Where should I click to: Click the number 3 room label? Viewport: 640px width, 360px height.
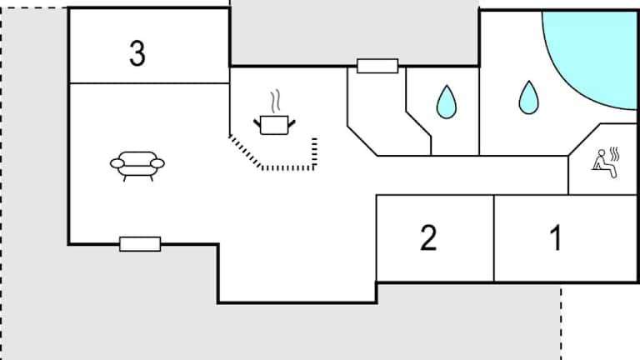point(137,53)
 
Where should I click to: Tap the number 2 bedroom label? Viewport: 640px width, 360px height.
point(427,238)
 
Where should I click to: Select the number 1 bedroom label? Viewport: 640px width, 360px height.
point(555,238)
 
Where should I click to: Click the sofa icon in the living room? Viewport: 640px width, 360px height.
point(137,164)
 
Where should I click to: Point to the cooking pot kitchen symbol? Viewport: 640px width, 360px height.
point(274,125)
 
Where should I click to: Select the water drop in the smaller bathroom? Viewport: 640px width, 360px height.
point(447,102)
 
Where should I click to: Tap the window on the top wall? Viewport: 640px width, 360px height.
point(377,66)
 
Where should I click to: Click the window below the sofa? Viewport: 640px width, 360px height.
point(139,243)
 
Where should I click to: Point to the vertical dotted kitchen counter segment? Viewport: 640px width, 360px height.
point(315,152)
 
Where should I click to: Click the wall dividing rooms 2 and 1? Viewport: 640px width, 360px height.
point(494,238)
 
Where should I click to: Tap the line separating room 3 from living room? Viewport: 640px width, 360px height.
point(148,83)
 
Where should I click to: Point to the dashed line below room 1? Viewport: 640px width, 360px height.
point(560,320)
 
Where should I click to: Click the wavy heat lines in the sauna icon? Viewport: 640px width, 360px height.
point(615,154)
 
